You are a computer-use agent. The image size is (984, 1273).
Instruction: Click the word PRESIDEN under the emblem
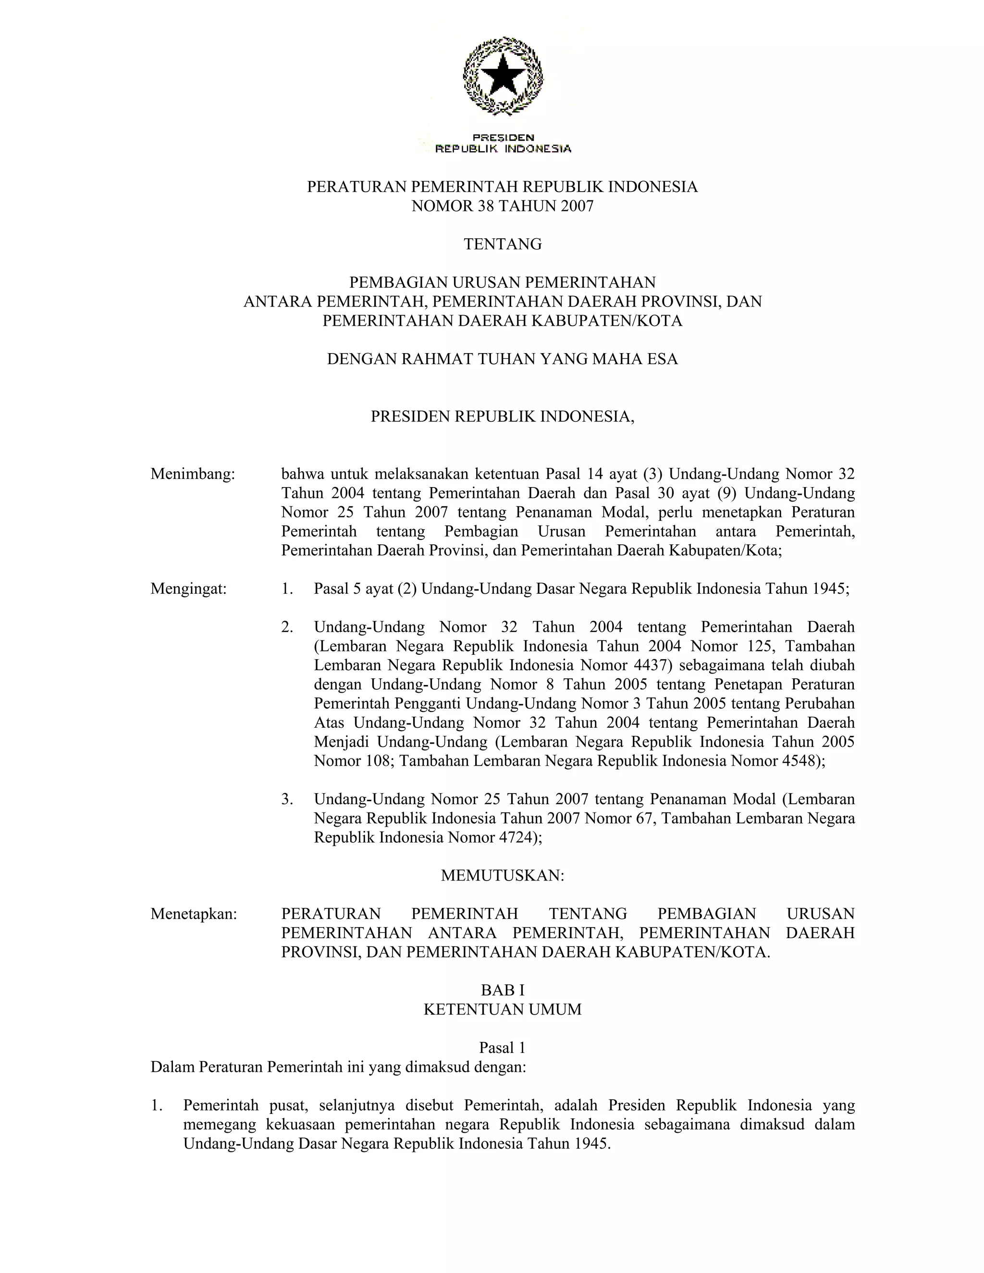click(503, 137)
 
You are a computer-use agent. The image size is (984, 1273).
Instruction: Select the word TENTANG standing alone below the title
click(503, 244)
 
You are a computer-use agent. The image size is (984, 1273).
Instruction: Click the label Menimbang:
click(192, 474)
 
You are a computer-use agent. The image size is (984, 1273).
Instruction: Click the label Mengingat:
click(188, 589)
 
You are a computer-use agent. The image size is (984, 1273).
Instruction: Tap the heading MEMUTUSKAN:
click(503, 875)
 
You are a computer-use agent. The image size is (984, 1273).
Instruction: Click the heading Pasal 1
click(503, 1047)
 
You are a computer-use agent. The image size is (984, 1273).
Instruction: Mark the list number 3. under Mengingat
click(287, 799)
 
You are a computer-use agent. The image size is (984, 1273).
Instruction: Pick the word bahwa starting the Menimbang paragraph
click(300, 474)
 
